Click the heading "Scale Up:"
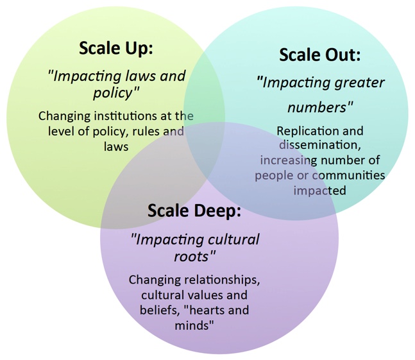[x=116, y=49]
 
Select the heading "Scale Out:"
[x=320, y=55]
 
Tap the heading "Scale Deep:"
[x=194, y=211]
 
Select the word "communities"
[x=348, y=175]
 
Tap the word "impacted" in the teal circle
[x=319, y=191]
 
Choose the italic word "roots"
[x=192, y=256]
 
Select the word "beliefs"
[x=158, y=310]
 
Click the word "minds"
[x=192, y=325]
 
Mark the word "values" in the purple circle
[x=205, y=295]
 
